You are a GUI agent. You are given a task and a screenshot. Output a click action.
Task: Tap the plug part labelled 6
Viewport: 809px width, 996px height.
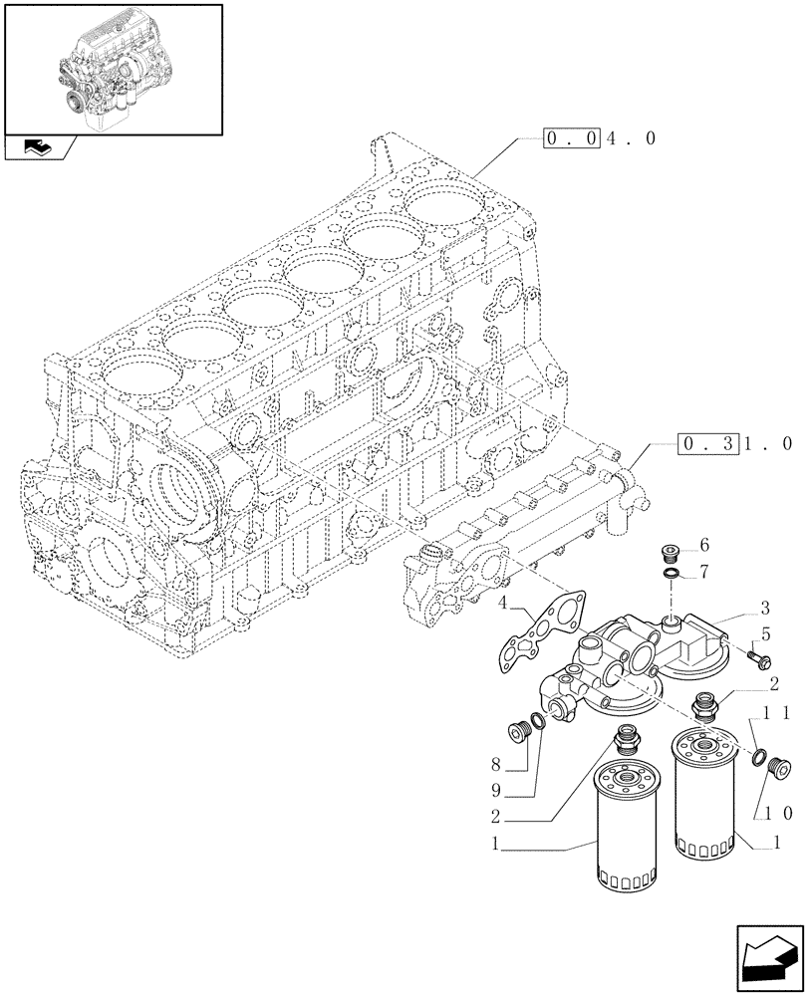coord(672,553)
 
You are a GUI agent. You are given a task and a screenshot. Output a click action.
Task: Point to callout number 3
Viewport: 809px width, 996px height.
coord(765,607)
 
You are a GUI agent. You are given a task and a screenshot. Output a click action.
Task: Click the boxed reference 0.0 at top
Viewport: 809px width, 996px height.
coord(571,139)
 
